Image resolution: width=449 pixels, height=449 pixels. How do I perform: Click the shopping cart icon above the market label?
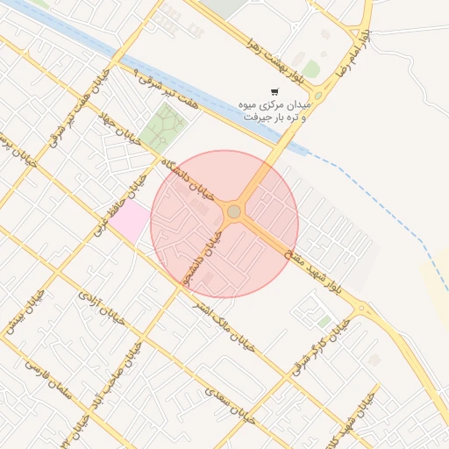274,92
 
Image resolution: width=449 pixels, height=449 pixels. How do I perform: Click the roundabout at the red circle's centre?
234,211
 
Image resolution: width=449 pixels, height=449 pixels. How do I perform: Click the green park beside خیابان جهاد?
163,128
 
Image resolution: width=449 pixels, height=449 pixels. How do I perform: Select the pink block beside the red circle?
128,220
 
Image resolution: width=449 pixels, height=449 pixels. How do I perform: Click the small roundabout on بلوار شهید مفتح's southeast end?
360,308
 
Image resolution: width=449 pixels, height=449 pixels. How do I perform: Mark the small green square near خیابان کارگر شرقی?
325,322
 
